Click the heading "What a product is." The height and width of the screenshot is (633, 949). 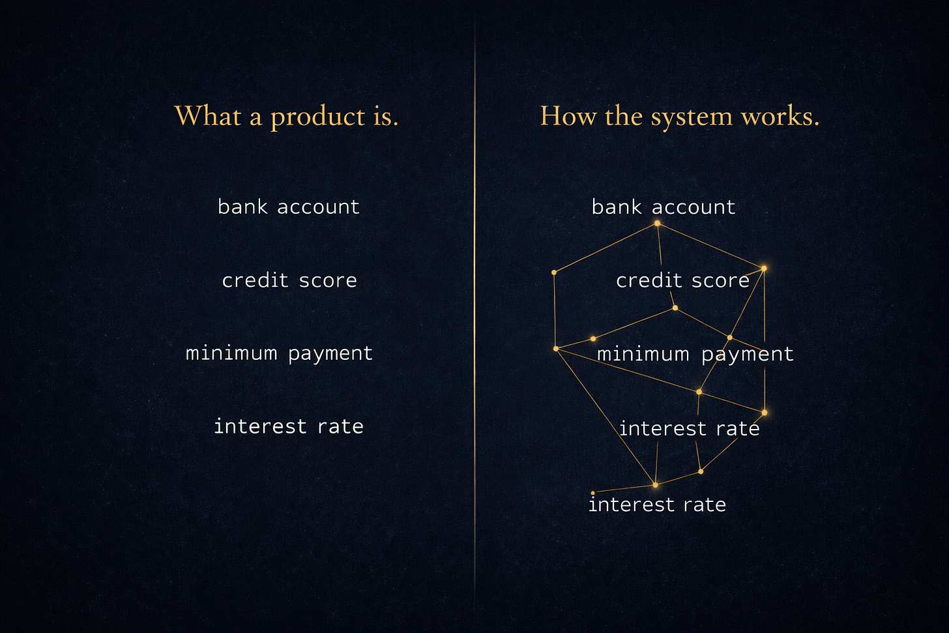pyautogui.click(x=286, y=117)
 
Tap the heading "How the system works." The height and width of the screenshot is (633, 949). pyautogui.click(x=679, y=117)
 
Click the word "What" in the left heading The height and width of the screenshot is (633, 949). pyautogui.click(x=208, y=116)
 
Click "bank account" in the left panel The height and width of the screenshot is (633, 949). pyautogui.click(x=288, y=207)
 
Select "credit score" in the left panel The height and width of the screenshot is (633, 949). pyautogui.click(x=289, y=280)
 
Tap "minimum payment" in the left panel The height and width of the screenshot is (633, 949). pyautogui.click(x=279, y=353)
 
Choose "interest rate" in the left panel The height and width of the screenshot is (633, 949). pyautogui.click(x=289, y=426)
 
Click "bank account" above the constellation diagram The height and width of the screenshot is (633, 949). pyautogui.click(x=663, y=207)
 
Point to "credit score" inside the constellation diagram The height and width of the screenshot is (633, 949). pyautogui.click(x=682, y=280)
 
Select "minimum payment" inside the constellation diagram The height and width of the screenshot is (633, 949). pyautogui.click(x=695, y=354)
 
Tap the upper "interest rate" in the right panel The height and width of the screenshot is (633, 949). pyautogui.click(x=689, y=428)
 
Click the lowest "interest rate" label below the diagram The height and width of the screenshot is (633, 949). pyautogui.click(x=657, y=505)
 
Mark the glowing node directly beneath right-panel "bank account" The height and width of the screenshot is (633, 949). pyautogui.click(x=657, y=224)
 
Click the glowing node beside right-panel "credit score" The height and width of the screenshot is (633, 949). pyautogui.click(x=764, y=268)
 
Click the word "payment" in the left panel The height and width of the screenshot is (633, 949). pyautogui.click(x=330, y=353)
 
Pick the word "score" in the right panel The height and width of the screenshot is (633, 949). pyautogui.click(x=720, y=280)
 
